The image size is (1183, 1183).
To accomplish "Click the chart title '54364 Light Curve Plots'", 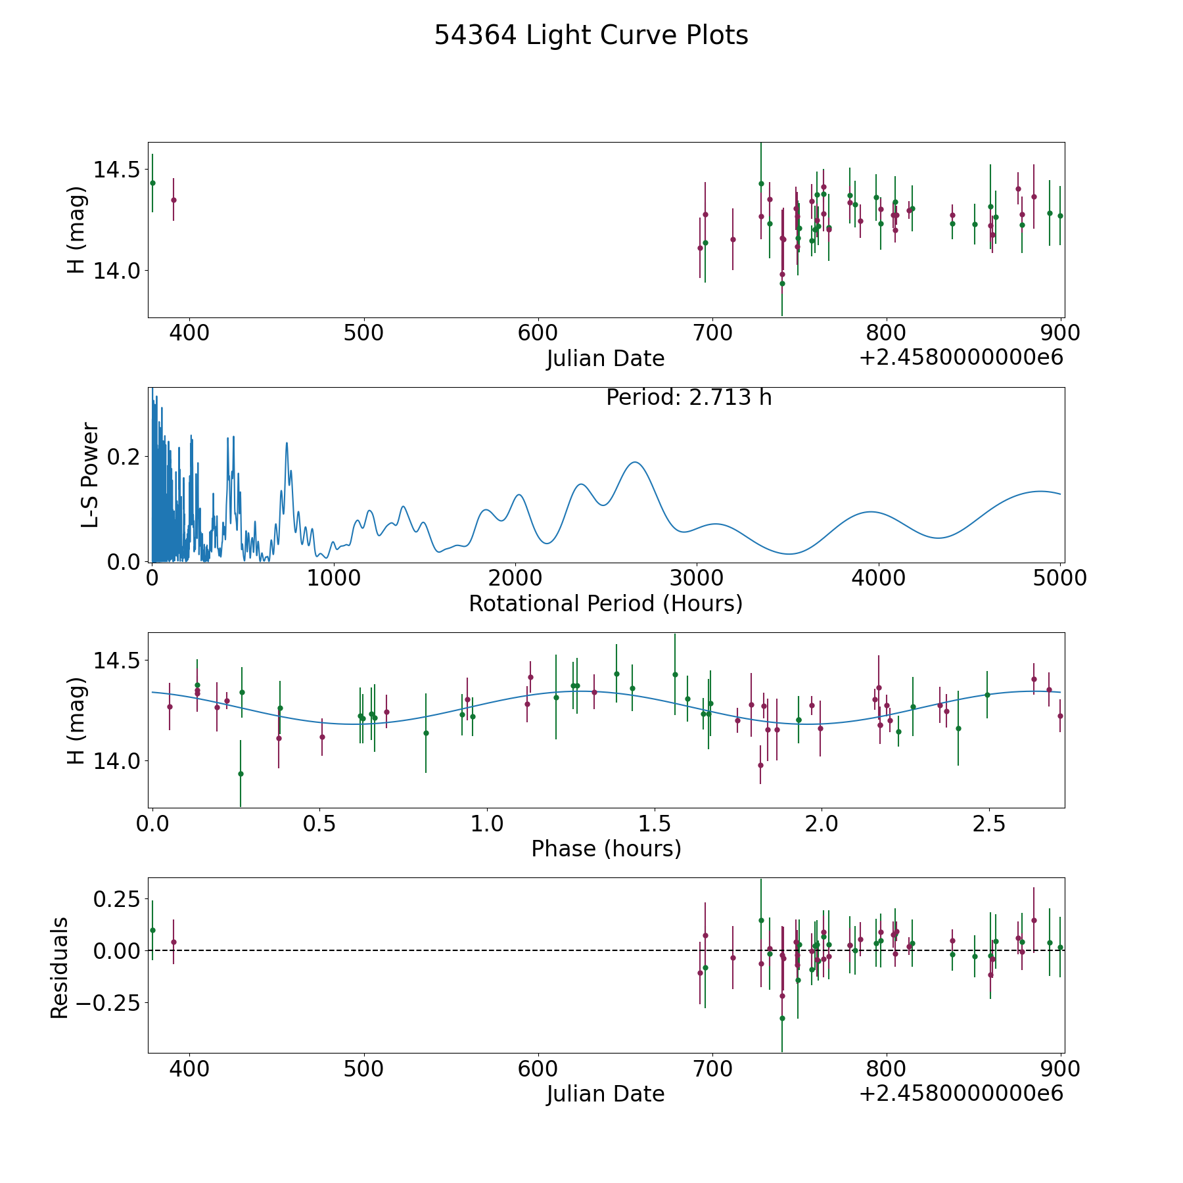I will click(x=591, y=35).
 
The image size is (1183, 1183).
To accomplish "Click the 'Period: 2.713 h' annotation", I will click(x=688, y=398).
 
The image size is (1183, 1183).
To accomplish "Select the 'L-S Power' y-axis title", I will click(x=91, y=475).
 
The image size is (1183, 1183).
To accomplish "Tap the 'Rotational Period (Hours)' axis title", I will click(x=605, y=603).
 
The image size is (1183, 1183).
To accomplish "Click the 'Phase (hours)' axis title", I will click(x=606, y=848).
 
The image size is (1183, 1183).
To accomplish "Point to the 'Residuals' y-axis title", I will click(x=60, y=967).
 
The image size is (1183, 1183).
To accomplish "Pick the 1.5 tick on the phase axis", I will click(x=654, y=823).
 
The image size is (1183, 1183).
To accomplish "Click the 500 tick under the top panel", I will click(x=363, y=333).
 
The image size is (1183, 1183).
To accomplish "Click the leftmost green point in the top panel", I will click(x=152, y=183).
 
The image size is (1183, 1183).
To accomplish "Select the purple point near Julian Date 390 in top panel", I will click(x=174, y=200).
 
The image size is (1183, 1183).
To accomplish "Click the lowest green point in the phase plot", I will click(x=241, y=774).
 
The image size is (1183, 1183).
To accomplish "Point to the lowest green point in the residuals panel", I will click(x=782, y=1018).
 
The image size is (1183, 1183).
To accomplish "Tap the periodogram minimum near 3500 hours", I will click(x=789, y=553).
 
